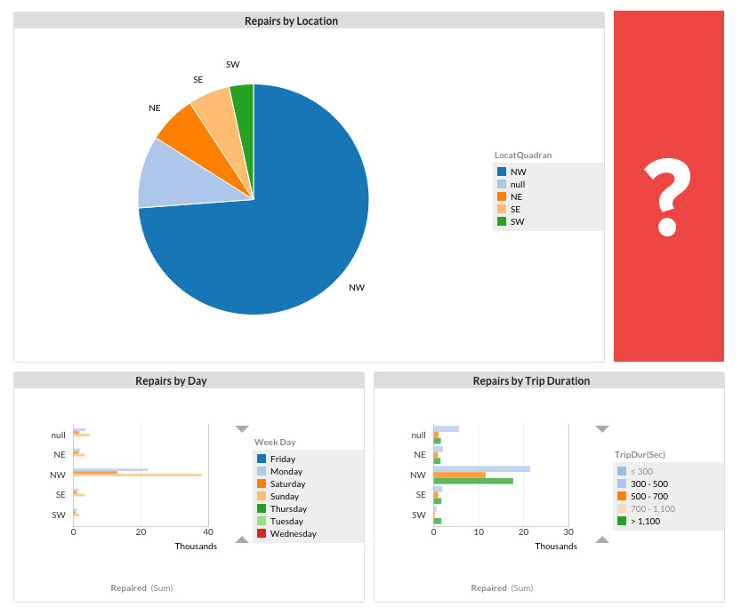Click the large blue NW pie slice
(285, 222)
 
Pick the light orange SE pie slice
(214, 107)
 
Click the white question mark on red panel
(668, 197)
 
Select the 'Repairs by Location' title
(291, 20)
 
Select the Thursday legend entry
(288, 509)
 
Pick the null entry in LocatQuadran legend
(518, 184)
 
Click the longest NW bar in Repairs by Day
(138, 475)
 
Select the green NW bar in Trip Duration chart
(473, 481)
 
